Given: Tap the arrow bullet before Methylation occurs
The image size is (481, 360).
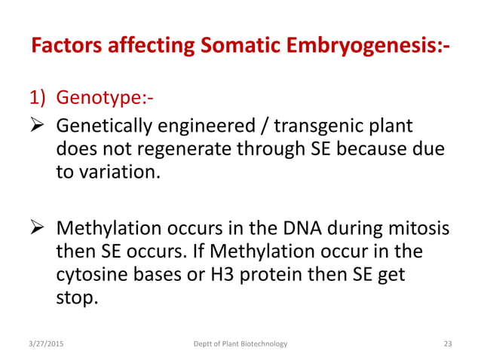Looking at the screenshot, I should (x=39, y=228).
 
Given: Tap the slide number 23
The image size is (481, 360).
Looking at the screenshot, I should (x=447, y=344).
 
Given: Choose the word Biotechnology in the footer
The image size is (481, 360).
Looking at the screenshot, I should (x=262, y=344).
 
